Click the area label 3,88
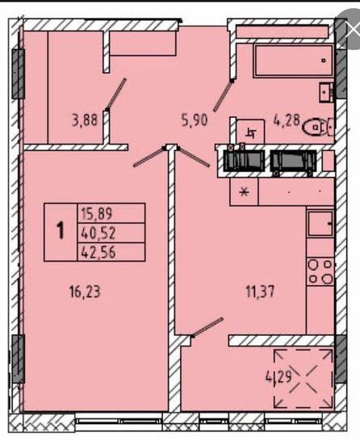point(85,120)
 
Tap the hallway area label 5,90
point(195,120)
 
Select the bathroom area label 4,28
point(287,120)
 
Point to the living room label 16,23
point(85,292)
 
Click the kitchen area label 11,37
point(260,292)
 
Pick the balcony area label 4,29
point(278,376)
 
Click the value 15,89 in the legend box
point(97,213)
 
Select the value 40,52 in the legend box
point(98,233)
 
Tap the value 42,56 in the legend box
point(98,252)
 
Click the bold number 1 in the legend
point(61,230)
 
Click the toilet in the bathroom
point(318,127)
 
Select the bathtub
point(293,61)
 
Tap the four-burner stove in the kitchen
point(320,272)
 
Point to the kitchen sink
point(320,224)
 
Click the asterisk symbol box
point(244,193)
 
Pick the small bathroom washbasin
point(326,92)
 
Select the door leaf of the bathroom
point(223,95)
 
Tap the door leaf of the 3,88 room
point(115,94)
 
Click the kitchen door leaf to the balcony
point(207,327)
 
